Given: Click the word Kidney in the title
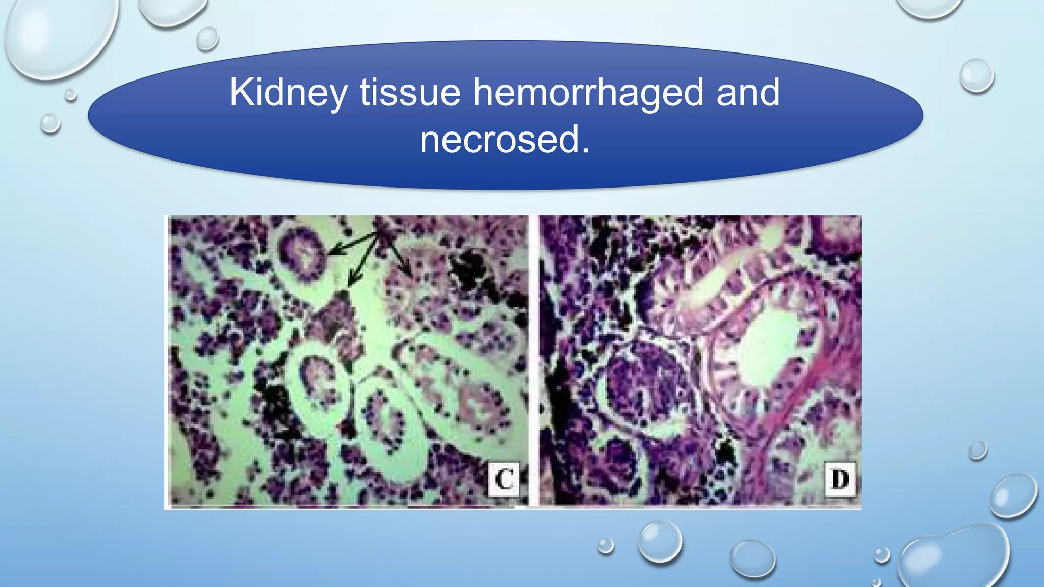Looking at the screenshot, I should [289, 93].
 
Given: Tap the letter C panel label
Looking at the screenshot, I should [504, 478].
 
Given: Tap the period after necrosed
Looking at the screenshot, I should [585, 151].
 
